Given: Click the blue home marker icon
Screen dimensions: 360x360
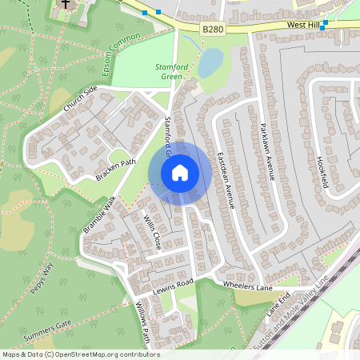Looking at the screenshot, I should click(x=179, y=172).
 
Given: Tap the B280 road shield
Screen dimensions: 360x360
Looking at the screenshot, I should click(x=212, y=30).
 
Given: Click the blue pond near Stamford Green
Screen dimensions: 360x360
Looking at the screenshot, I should click(x=210, y=62).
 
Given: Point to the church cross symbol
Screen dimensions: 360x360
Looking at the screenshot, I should click(x=65, y=4).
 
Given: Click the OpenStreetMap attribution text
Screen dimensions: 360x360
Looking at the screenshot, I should click(x=81, y=354).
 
